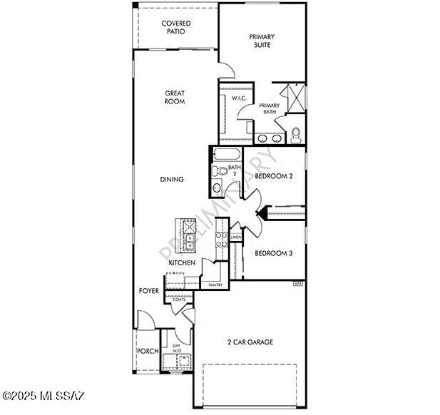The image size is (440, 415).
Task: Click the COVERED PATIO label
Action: click(175, 28)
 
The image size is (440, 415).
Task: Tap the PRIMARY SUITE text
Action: click(262, 41)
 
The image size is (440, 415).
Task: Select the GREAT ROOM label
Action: click(175, 97)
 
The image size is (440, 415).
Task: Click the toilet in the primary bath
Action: click(296, 134)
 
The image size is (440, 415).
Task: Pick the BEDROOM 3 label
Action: click(274, 253)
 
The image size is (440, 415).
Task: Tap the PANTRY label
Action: click(215, 285)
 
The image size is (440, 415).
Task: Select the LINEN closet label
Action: click(235, 237)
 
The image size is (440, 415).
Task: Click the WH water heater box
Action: click(298, 284)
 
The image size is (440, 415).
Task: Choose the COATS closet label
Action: click(179, 299)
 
